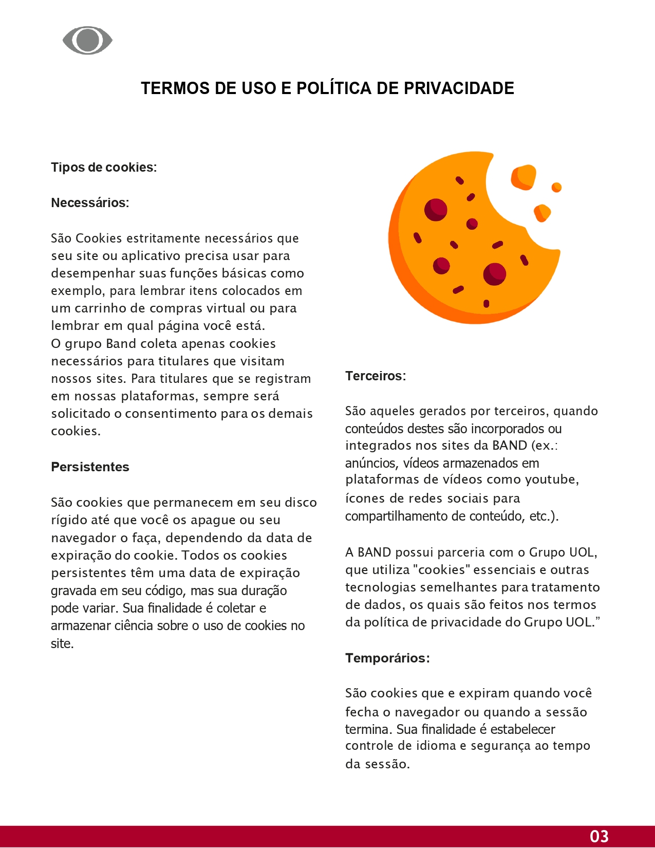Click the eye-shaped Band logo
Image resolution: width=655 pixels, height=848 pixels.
click(x=87, y=41)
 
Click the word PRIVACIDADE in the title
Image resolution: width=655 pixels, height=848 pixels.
click(x=459, y=88)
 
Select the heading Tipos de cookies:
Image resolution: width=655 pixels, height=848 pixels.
click(x=104, y=168)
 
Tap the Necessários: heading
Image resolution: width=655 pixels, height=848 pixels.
click(x=90, y=203)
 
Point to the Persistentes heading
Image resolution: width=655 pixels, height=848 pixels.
click(x=90, y=467)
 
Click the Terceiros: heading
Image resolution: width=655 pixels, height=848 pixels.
click(x=376, y=376)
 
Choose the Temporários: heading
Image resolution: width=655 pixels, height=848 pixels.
click(x=387, y=658)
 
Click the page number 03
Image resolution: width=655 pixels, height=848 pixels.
click(x=599, y=836)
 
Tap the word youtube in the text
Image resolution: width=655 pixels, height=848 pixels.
click(x=552, y=480)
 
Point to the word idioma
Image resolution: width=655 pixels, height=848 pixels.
click(x=433, y=746)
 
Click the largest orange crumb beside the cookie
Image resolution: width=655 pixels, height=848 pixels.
click(x=523, y=177)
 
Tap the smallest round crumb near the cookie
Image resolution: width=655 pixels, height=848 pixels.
click(x=556, y=188)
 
